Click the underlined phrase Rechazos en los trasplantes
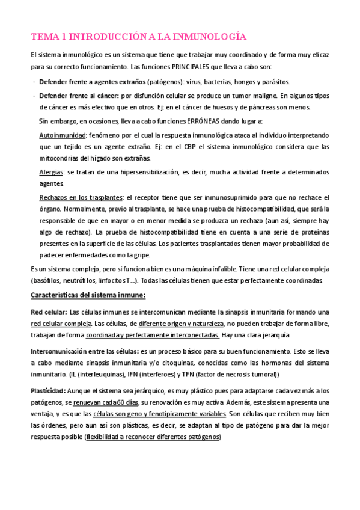click(81, 197)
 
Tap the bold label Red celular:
click(49, 312)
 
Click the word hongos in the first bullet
click(237, 81)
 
